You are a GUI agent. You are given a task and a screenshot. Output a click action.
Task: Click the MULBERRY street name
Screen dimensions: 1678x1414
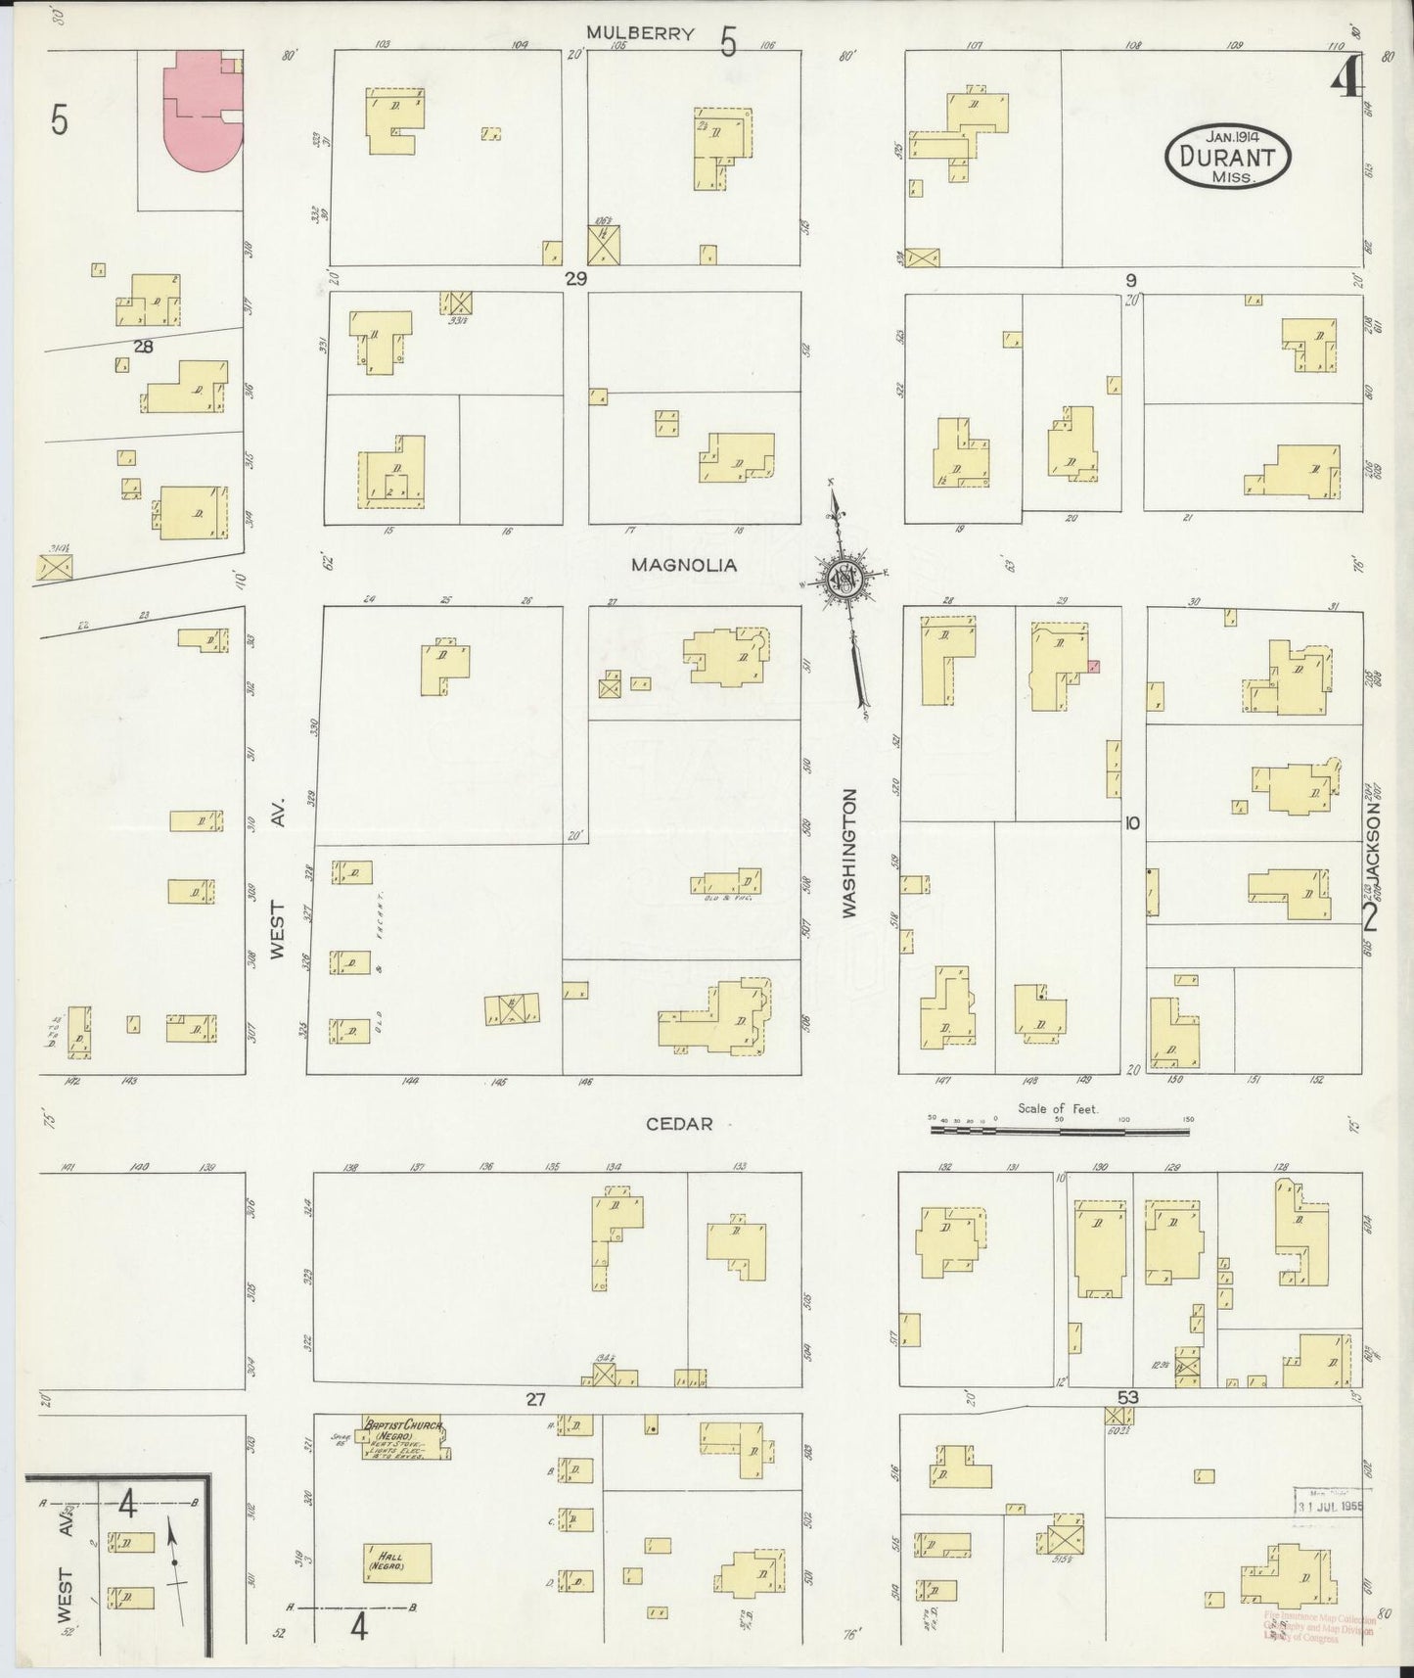point(640,33)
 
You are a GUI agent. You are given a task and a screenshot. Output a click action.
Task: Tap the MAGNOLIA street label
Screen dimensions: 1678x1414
point(683,565)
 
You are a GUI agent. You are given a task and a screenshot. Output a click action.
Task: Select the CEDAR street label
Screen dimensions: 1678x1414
point(679,1124)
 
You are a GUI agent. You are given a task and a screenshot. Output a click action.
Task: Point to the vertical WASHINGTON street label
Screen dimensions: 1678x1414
point(848,853)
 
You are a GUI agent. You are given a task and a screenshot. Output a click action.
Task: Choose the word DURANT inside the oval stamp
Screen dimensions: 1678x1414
point(1227,157)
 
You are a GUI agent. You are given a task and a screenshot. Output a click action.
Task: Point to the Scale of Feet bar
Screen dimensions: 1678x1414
point(1059,1130)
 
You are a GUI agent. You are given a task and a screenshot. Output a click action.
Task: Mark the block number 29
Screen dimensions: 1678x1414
point(575,279)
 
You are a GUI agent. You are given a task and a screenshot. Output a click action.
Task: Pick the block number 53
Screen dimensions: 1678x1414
point(1127,1398)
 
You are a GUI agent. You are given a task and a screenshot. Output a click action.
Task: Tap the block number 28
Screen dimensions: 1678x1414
point(145,346)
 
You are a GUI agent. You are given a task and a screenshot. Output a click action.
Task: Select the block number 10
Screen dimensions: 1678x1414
point(1131,823)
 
